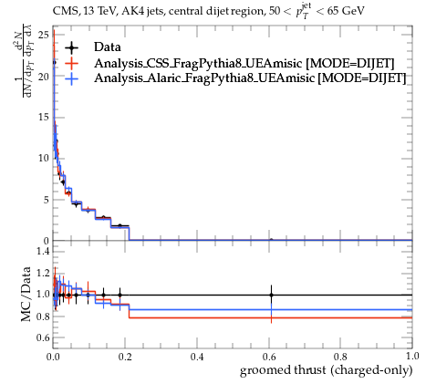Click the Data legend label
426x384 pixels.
108,47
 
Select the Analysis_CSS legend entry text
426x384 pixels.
244,63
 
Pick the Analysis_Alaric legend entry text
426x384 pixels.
250,78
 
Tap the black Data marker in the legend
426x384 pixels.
72,47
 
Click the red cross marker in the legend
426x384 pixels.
72,63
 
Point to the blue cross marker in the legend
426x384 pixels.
72,78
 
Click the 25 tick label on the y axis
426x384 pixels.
44,35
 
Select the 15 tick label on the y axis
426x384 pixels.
44,117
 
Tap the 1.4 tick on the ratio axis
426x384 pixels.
43,251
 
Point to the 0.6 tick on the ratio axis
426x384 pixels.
43,337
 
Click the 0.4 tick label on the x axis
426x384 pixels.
197,357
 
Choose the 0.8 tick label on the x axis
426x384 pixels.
340,357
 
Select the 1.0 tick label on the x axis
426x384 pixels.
412,356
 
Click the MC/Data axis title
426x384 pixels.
26,294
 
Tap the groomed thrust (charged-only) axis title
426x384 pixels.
327,370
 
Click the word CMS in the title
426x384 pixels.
63,12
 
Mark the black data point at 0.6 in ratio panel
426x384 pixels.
271,295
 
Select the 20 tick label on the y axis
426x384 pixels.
44,77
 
